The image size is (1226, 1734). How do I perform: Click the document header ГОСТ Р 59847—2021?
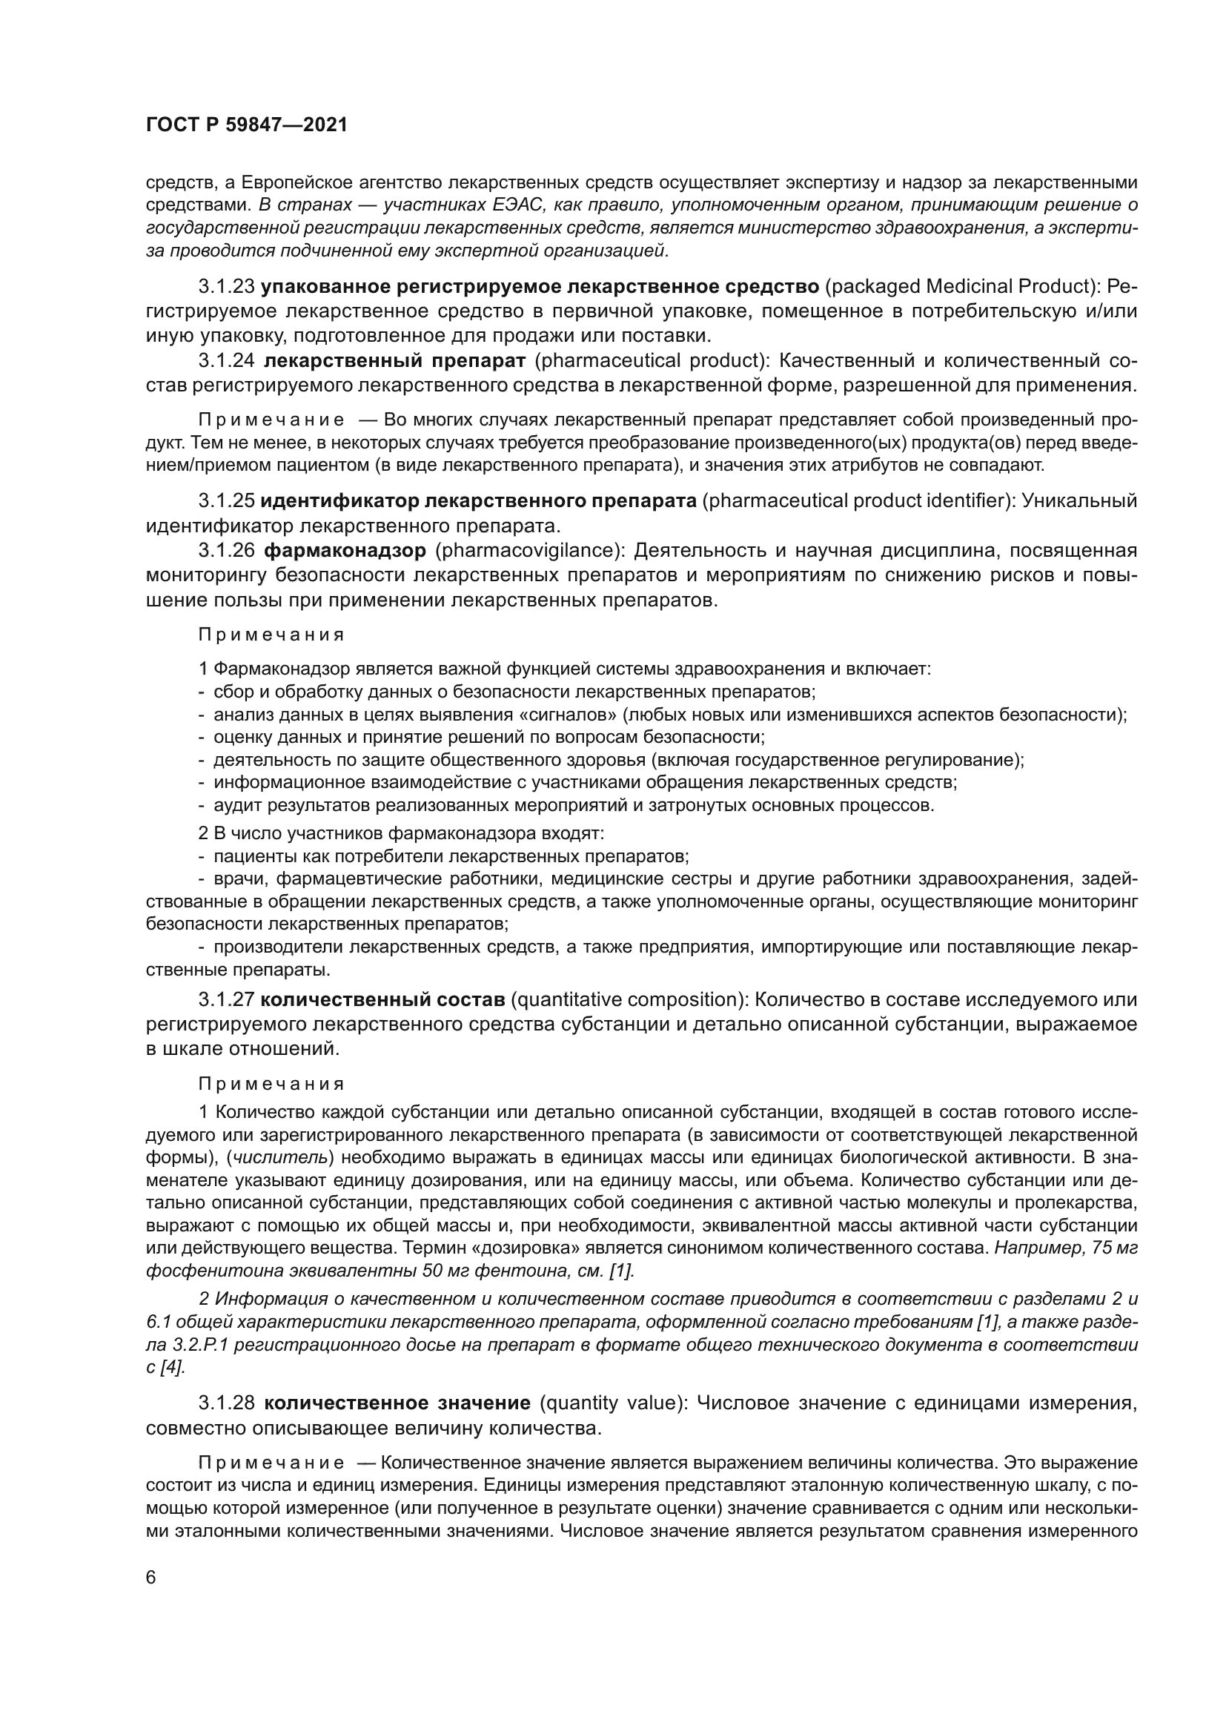tap(246, 125)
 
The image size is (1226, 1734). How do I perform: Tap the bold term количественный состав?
tap(382, 1000)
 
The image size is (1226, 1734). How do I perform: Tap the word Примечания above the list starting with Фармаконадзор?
tap(271, 635)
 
